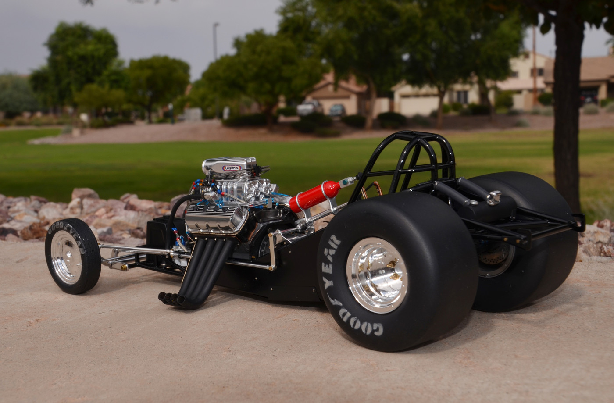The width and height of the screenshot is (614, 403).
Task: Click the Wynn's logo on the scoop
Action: click(232, 168)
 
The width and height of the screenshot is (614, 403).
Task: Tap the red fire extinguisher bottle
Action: click(315, 196)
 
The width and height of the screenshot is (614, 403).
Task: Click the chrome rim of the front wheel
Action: click(66, 257)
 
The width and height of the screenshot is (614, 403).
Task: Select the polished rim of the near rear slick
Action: click(377, 275)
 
